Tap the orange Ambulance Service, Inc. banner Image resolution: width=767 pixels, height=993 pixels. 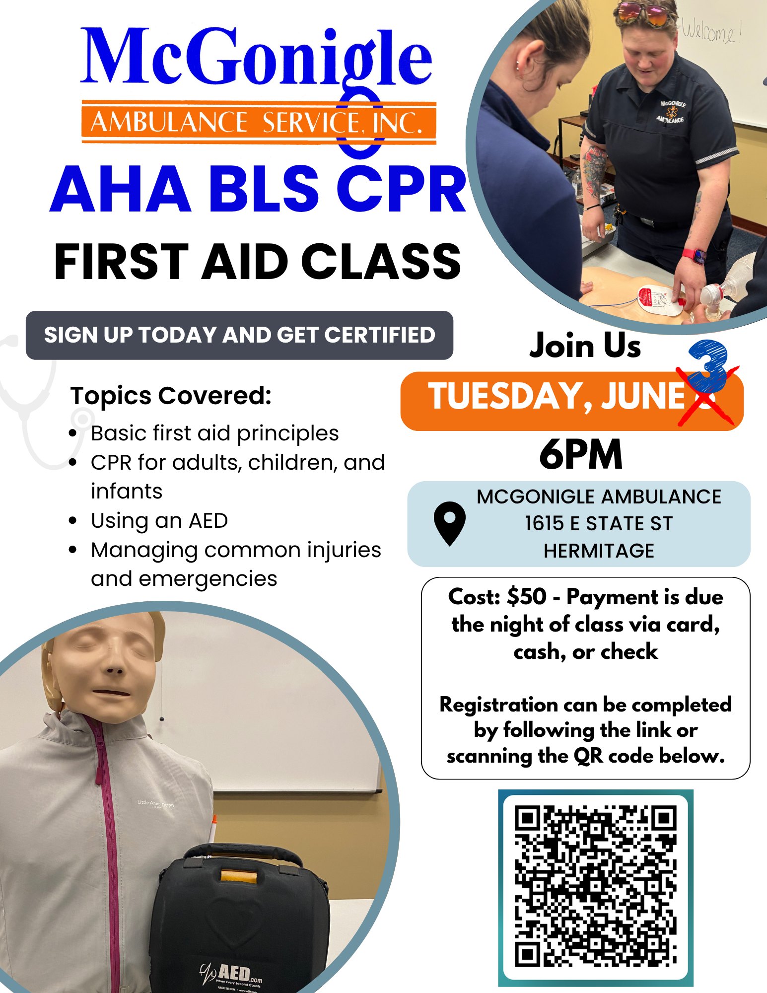coord(259,122)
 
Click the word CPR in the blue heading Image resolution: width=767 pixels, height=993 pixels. coord(401,189)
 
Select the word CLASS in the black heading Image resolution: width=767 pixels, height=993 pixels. coord(381,262)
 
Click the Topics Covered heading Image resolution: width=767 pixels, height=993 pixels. coord(171,396)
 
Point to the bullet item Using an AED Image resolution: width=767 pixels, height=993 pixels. coord(159,521)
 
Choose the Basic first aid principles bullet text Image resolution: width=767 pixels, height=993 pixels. coord(214,433)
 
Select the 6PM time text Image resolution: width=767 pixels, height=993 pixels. coord(581,454)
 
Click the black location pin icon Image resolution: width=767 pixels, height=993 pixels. coord(449,523)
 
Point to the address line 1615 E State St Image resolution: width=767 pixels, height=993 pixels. coord(599,523)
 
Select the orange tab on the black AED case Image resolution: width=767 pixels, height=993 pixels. coord(238,876)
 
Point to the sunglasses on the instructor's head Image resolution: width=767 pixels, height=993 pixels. coord(645,13)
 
